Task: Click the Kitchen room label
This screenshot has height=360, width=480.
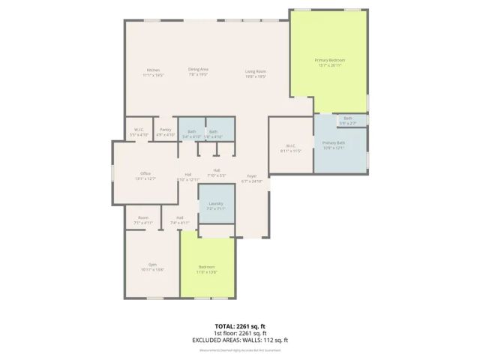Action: click(x=153, y=72)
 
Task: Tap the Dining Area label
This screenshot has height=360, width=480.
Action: click(x=198, y=71)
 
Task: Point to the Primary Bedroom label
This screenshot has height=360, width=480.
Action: click(x=329, y=62)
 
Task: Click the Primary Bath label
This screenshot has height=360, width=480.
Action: click(x=333, y=145)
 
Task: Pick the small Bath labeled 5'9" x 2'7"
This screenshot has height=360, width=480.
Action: click(x=347, y=119)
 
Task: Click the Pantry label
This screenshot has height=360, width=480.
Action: click(x=165, y=132)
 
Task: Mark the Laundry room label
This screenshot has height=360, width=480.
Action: click(x=216, y=206)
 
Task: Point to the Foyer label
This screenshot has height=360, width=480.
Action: click(x=251, y=178)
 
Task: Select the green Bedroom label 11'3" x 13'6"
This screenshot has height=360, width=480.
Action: click(x=207, y=269)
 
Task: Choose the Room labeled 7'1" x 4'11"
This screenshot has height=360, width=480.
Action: click(x=142, y=220)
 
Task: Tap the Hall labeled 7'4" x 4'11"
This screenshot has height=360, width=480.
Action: click(x=180, y=220)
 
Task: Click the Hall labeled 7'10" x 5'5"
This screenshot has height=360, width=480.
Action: click(x=216, y=172)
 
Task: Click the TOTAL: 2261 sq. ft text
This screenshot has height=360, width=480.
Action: click(x=241, y=326)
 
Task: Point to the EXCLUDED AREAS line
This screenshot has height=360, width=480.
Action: click(x=241, y=340)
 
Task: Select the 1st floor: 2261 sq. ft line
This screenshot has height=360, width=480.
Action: click(x=241, y=333)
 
